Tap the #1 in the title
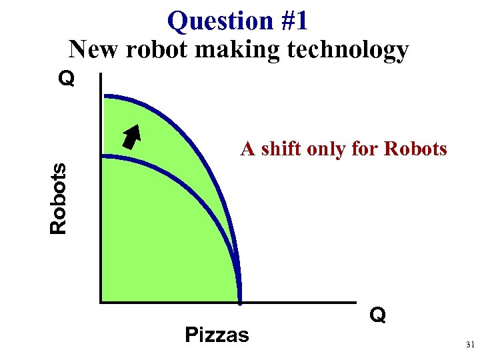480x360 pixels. pos(294,21)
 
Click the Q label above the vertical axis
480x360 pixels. pos(66,80)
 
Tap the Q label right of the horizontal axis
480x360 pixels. pos(377,315)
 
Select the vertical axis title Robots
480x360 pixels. pos(59,199)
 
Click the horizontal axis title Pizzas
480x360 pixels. pos(217,334)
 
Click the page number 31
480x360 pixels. pos(470,345)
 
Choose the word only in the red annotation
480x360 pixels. pos(328,149)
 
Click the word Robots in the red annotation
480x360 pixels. pos(415,149)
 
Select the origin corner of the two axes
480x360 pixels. pos(101,301)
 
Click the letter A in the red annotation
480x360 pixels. pos(247,149)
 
